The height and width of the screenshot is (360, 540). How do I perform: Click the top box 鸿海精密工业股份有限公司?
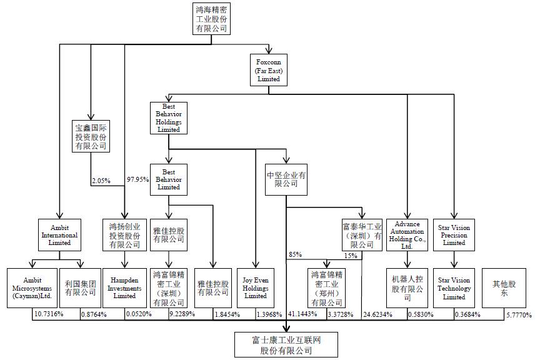pos(211,19)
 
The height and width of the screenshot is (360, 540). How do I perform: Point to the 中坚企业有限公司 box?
pos(286,179)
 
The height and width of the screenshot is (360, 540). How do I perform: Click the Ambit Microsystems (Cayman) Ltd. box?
pos(32,287)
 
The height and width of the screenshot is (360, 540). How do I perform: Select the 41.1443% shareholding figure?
pos(302,314)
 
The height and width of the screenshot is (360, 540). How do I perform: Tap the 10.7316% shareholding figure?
pos(48,314)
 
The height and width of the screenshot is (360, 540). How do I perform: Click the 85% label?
pos(295,255)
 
